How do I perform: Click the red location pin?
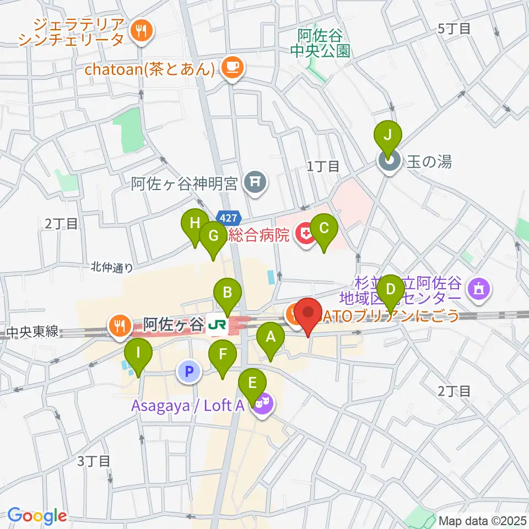(x=307, y=315)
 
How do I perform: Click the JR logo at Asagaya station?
(x=215, y=326)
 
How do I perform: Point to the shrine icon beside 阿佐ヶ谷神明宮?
(x=255, y=181)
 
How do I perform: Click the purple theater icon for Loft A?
(x=262, y=405)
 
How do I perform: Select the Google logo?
(x=36, y=516)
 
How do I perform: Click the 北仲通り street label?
(x=112, y=268)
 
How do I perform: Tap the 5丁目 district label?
(x=454, y=29)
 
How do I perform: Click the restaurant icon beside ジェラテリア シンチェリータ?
(x=141, y=31)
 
